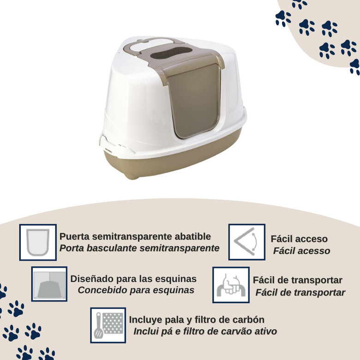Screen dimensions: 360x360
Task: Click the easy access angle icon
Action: pyautogui.click(x=247, y=242)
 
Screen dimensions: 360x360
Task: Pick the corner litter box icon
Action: pyautogui.click(x=49, y=284)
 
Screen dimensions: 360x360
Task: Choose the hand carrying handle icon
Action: pyautogui.click(x=231, y=285)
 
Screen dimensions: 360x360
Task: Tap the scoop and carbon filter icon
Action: pyautogui.click(x=108, y=324)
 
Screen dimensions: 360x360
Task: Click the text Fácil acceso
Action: pyautogui.click(x=299, y=239)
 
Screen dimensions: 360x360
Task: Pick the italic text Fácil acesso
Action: pyautogui.click(x=301, y=251)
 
